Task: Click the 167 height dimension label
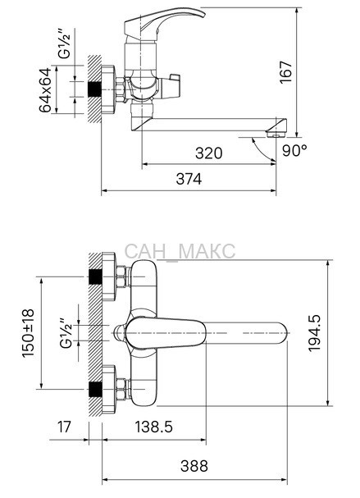coord(285,72)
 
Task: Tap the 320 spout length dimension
coord(208,153)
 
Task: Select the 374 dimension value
coord(189,179)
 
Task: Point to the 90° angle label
coord(295,150)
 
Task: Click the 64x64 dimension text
coord(45,90)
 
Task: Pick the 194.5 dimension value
coord(315,333)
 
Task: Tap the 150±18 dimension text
coord(28,332)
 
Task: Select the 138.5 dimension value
coord(154,427)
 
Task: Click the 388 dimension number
coord(194,466)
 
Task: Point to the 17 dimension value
coord(64,427)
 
